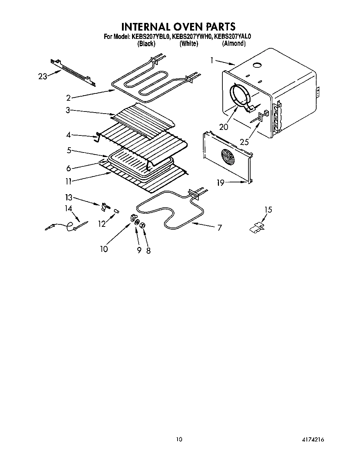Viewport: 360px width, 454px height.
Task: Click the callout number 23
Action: click(42, 76)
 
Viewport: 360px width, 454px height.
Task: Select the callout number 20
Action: click(224, 127)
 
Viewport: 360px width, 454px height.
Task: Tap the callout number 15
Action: click(268, 210)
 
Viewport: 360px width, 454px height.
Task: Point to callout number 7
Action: click(220, 228)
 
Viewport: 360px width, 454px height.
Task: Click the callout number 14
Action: click(68, 208)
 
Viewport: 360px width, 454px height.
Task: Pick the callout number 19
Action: click(221, 183)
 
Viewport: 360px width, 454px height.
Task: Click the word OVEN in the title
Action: click(187, 27)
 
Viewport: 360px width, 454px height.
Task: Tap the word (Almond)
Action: click(234, 44)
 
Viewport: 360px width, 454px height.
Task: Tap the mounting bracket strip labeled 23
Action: click(73, 72)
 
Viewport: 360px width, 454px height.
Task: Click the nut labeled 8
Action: click(142, 226)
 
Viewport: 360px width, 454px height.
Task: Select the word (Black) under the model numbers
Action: click(146, 44)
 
